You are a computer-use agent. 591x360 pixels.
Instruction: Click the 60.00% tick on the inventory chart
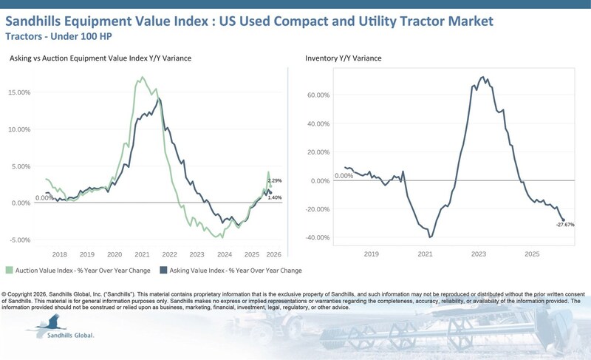pos(320,95)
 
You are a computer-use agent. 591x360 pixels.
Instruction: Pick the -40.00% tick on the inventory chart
pos(319,237)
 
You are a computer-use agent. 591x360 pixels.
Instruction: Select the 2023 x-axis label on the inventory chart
pos(479,254)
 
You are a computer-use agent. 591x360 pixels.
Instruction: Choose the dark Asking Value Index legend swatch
pos(160,271)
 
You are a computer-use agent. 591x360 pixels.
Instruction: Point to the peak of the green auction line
pos(143,77)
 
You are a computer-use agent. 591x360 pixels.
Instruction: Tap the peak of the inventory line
pos(482,77)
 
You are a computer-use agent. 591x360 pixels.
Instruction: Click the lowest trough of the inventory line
pos(430,237)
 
